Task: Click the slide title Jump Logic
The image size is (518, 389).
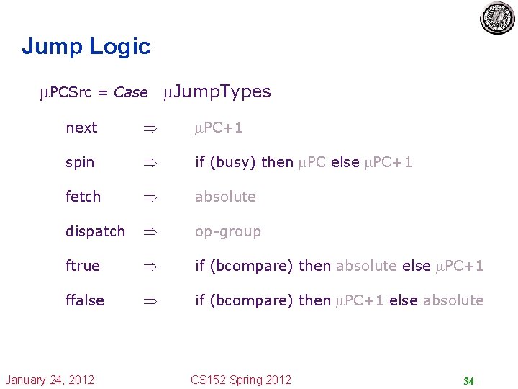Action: [x=86, y=47]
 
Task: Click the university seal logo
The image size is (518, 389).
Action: [x=497, y=18]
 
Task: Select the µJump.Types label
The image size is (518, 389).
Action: [x=217, y=91]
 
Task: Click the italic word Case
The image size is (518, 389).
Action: [x=130, y=93]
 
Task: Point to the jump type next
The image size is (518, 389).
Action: [x=81, y=128]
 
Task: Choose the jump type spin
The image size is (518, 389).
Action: [x=80, y=162]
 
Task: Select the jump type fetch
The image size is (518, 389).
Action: [x=83, y=197]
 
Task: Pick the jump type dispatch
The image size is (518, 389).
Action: [x=95, y=231]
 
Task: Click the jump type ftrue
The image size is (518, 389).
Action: [x=83, y=266]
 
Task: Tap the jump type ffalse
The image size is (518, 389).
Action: [x=85, y=300]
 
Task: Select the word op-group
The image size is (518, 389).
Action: [x=228, y=231]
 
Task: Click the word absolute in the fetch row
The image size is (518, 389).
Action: [x=225, y=197]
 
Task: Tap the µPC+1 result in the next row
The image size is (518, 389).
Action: [x=219, y=128]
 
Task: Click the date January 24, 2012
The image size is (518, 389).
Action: [x=50, y=380]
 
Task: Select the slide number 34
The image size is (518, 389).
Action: [x=468, y=381]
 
